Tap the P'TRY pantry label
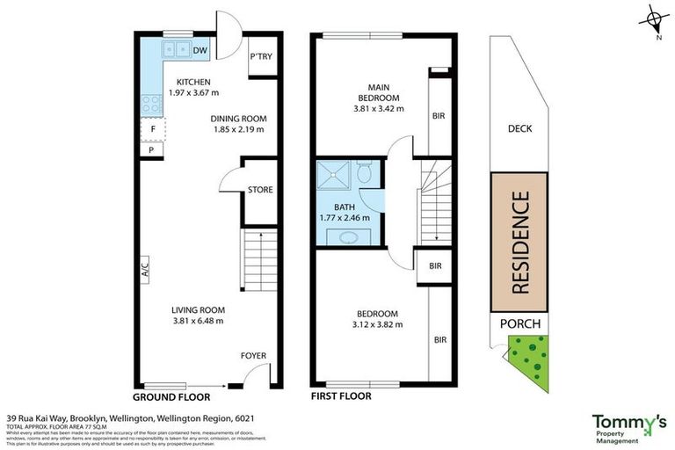pos(260,56)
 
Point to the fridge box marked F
pos(153,129)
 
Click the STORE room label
pos(260,189)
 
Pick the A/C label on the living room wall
pos(144,266)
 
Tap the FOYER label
pos(253,356)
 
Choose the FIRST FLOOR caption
pos(341,396)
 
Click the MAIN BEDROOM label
pos(378,91)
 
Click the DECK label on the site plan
pos(519,129)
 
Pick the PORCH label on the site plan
pos(519,324)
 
